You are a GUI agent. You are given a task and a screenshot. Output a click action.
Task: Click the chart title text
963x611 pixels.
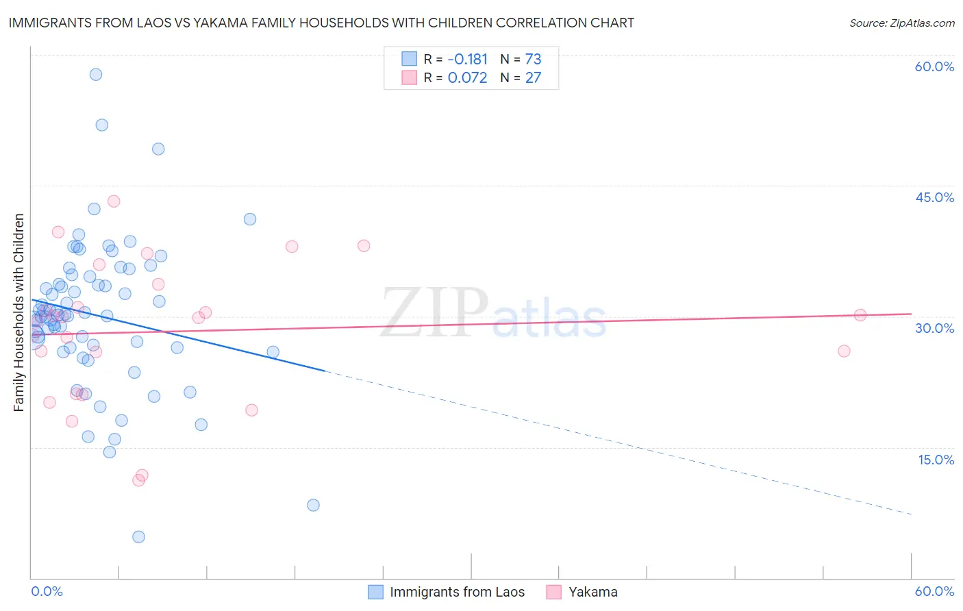[x=321, y=23]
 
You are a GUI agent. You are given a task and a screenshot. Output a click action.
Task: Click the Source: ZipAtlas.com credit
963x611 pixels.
[x=901, y=23]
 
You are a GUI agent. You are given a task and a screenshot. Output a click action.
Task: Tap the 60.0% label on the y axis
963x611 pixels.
[x=934, y=66]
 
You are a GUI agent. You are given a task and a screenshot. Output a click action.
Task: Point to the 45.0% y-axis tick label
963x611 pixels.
[x=934, y=197]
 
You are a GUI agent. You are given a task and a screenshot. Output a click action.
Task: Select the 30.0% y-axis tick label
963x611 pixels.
[x=934, y=328]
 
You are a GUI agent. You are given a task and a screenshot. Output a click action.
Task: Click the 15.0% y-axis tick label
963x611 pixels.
[x=936, y=460]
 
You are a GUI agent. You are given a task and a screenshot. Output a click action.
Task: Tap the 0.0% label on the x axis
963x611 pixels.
[x=47, y=591]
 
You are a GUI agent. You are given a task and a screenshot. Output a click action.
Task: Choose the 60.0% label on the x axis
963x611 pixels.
[x=934, y=591]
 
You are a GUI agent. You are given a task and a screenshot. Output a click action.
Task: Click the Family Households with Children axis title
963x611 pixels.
[x=19, y=312]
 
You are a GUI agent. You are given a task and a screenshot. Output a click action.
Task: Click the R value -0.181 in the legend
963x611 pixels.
[x=467, y=60]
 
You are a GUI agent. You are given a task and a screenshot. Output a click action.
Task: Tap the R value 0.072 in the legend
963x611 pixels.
[x=467, y=78]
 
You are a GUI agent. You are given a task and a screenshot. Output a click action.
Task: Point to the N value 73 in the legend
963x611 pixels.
[x=533, y=60]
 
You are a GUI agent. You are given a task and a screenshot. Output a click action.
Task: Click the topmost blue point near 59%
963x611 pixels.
[x=96, y=75]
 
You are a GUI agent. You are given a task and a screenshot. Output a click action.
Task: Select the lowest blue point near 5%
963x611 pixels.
[x=138, y=537]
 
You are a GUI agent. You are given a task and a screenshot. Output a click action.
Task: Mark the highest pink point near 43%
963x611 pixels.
[x=114, y=201]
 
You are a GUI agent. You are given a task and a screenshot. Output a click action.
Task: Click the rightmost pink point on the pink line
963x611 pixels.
[x=860, y=315]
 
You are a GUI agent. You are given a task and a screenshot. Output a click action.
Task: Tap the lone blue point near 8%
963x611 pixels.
[x=313, y=506]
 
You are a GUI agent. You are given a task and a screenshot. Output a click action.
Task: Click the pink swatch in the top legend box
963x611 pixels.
[x=409, y=77]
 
